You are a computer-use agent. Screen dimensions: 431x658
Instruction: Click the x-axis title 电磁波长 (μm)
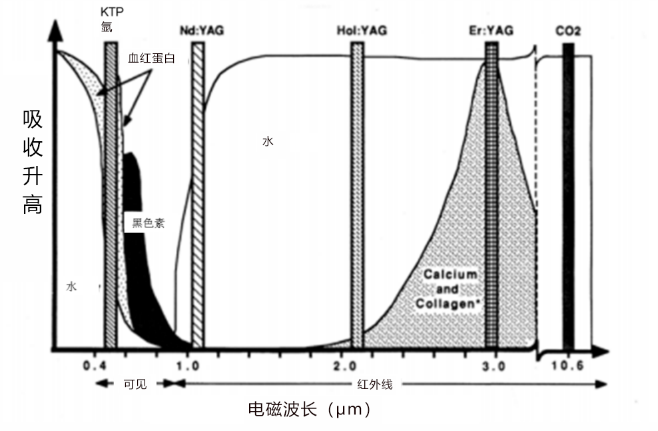point(308,408)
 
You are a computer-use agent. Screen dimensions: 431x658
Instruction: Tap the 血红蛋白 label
point(151,59)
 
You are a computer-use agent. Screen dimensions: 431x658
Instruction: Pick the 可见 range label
point(135,384)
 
